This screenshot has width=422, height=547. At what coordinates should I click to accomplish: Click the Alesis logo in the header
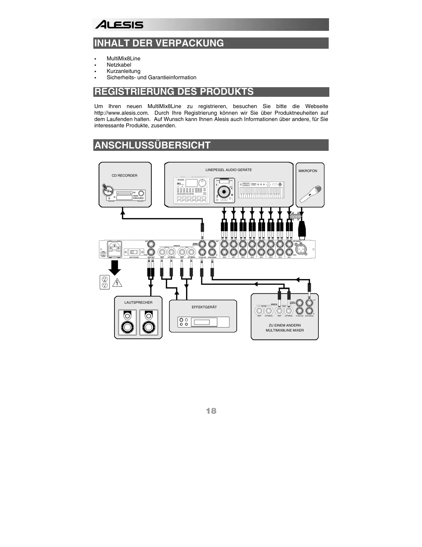pyautogui.click(x=119, y=25)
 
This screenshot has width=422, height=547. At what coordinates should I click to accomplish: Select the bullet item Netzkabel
pyautogui.click(x=118, y=65)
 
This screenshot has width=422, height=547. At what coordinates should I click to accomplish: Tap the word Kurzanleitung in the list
pyautogui.click(x=123, y=71)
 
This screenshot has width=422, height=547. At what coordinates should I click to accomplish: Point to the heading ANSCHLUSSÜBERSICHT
pyautogui.click(x=152, y=145)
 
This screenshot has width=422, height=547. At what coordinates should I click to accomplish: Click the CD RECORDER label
pyautogui.click(x=124, y=175)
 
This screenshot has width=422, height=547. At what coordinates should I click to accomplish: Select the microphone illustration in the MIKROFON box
pyautogui.click(x=310, y=194)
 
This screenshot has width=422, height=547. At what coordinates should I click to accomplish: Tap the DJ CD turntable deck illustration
pyautogui.click(x=224, y=190)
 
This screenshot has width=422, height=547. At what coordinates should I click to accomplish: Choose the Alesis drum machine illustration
pyautogui.click(x=191, y=190)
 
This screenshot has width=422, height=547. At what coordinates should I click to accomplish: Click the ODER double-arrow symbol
pyautogui.click(x=295, y=217)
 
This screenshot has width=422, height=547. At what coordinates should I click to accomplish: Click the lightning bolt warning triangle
pyautogui.click(x=117, y=283)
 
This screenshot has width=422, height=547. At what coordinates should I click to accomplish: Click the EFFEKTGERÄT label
pyautogui.click(x=204, y=307)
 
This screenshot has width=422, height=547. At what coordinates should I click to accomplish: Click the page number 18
pyautogui.click(x=211, y=411)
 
